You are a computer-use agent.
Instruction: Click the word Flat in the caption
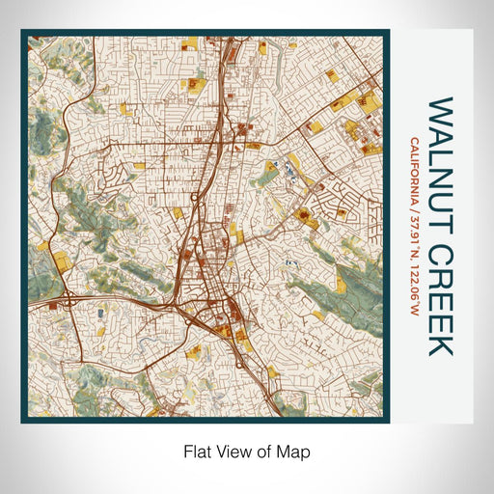tap(196, 451)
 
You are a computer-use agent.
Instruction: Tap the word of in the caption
tap(263, 451)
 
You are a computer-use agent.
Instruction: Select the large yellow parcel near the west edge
tap(61, 261)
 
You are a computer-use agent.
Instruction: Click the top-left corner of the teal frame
tap(23, 31)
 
